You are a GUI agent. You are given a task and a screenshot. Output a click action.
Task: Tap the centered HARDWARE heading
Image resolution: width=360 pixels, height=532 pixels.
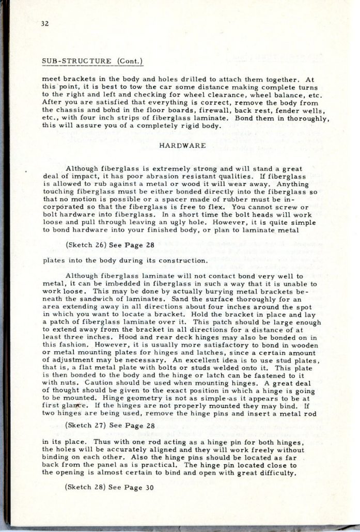pos(176,146)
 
